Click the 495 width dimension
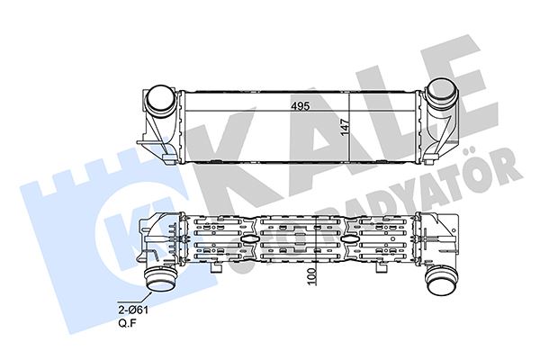300,106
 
